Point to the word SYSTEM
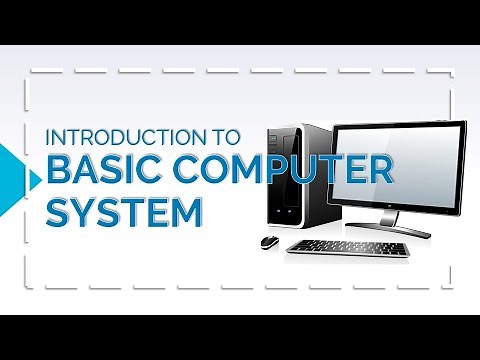point(122,211)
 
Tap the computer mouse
point(268,241)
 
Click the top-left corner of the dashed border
point(31,72)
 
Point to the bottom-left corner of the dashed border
point(31,289)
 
